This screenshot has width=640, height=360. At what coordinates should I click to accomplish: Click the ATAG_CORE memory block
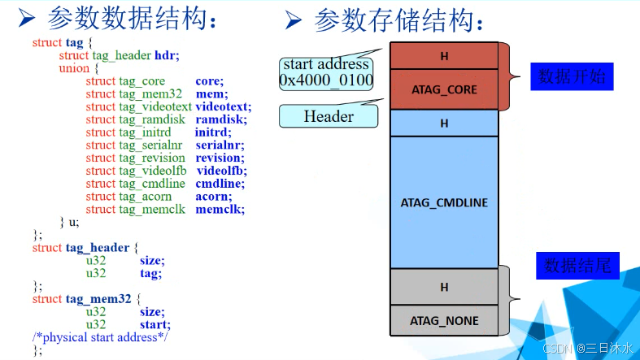pos(444,89)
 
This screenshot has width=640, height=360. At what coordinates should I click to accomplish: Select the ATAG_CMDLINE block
pos(444,202)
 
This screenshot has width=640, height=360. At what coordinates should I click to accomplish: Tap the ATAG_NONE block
pos(444,320)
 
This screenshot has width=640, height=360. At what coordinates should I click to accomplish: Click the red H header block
pos(444,56)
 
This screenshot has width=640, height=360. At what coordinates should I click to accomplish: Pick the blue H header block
pos(444,124)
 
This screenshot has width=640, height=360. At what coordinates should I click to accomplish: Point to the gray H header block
pos(444,287)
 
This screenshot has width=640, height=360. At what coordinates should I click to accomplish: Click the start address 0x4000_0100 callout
pos(326,72)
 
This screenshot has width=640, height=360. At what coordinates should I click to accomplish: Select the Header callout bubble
pos(329,116)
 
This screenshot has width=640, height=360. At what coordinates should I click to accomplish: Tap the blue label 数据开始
pos(572,77)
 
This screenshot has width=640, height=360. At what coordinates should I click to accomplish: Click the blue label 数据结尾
pos(577,266)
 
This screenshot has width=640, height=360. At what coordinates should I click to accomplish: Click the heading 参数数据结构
pos(133,18)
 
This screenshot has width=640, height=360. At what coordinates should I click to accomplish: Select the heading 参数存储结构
pos(403,18)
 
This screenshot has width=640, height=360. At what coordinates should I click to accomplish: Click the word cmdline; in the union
pos(220,184)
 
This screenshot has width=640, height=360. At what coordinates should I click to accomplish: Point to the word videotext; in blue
pos(224,106)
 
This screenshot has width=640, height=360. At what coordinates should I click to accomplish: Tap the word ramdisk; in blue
pos(220,119)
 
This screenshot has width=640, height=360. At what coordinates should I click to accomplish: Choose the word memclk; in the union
pos(220,209)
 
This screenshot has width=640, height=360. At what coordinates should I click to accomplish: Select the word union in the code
pos(74,68)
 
